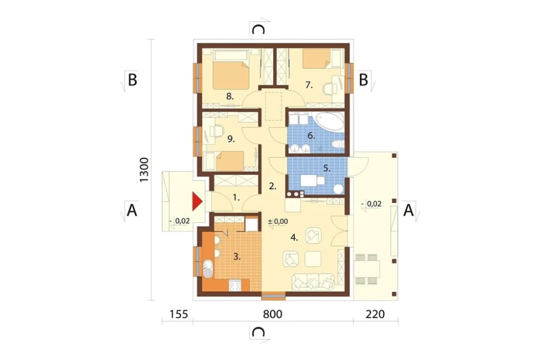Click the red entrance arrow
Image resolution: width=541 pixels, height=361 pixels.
[x=197, y=202]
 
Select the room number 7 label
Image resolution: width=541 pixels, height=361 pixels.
[x=309, y=85]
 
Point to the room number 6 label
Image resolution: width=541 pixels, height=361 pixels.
[x=311, y=136]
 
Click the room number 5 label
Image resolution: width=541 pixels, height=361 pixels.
[x=327, y=169]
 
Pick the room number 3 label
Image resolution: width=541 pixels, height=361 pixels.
[x=237, y=256]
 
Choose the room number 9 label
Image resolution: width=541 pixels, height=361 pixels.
[x=231, y=139]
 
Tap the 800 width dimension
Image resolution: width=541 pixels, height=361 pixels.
[x=273, y=314]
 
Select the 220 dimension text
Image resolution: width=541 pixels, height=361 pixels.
[x=375, y=314]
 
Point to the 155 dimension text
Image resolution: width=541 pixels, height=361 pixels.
[x=179, y=314]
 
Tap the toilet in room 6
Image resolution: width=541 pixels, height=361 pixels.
[x=338, y=144]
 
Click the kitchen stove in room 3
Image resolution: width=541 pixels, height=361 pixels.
[x=235, y=285]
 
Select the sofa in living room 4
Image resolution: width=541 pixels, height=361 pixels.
[x=313, y=281]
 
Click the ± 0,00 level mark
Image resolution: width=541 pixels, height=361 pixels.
[x=278, y=222]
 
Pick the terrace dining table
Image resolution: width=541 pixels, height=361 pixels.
[x=367, y=269]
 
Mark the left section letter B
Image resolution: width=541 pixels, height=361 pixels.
[x=133, y=80]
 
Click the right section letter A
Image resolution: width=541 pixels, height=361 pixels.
[x=408, y=210]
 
